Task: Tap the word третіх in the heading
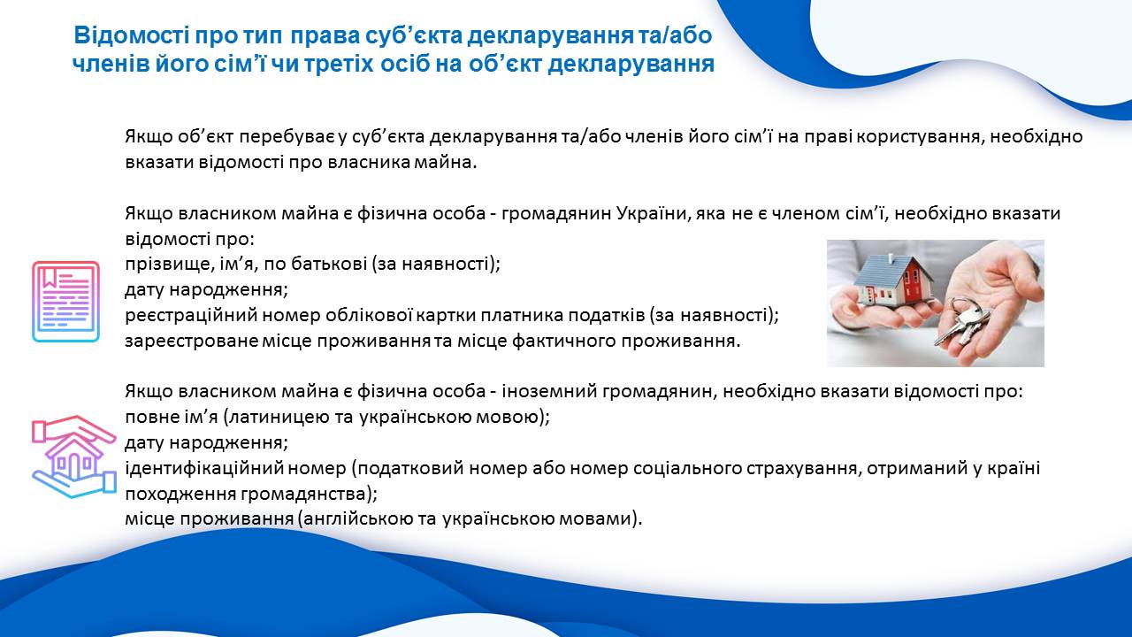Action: click(x=355, y=65)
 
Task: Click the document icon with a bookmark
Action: click(x=65, y=302)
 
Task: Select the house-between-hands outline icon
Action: click(x=73, y=457)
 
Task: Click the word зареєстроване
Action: click(x=192, y=342)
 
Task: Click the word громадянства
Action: click(x=309, y=494)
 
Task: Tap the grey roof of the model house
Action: click(x=878, y=266)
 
